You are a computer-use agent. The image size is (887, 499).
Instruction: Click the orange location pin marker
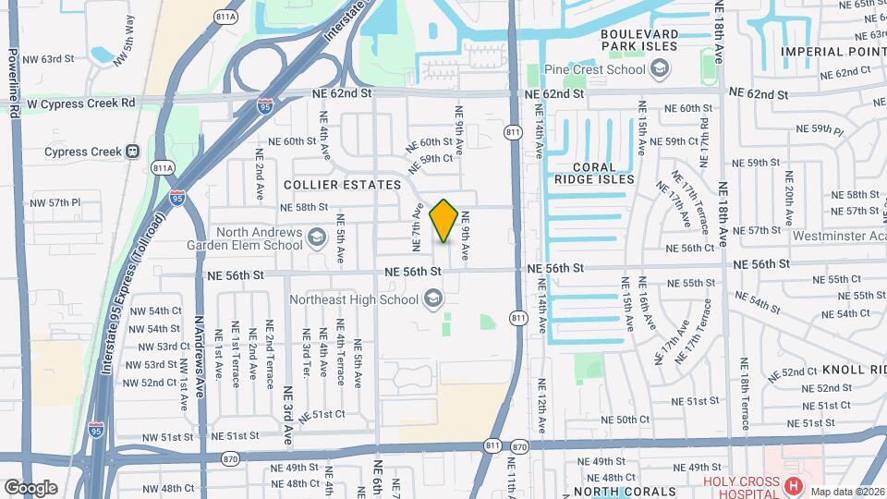[x=443, y=220]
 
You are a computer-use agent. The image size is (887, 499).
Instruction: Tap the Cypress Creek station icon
[x=133, y=152]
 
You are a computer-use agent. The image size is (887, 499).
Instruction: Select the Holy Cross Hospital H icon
[x=792, y=485]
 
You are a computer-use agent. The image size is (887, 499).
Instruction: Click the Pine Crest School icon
[x=660, y=68]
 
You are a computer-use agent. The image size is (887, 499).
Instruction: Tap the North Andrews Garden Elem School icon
[x=317, y=238]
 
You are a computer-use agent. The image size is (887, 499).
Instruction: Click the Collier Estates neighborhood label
[x=342, y=185]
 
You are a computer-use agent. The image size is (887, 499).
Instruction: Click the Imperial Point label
[x=832, y=52]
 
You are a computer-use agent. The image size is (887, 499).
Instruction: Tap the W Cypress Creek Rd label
[x=81, y=103]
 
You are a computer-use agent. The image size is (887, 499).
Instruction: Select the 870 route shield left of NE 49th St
[x=231, y=458]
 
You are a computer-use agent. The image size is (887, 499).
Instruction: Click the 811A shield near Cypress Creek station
[x=163, y=168]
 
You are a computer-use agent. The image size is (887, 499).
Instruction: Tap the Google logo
[x=30, y=487]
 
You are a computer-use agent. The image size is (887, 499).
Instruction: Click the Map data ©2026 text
[x=847, y=491]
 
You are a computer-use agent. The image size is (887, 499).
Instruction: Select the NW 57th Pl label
[x=55, y=202]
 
